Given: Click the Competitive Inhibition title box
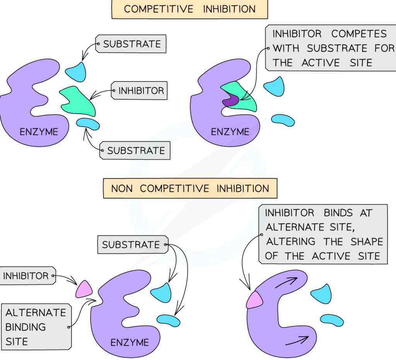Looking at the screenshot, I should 189,9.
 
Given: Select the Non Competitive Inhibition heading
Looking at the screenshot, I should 190,189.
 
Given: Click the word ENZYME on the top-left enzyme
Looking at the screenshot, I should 39,132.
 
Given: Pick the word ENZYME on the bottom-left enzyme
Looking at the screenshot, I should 130,343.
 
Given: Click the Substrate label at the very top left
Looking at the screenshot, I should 131,44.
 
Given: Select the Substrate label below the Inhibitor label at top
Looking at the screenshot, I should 136,151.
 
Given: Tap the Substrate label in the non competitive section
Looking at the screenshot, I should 131,245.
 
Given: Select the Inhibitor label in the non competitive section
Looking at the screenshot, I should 26,276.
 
